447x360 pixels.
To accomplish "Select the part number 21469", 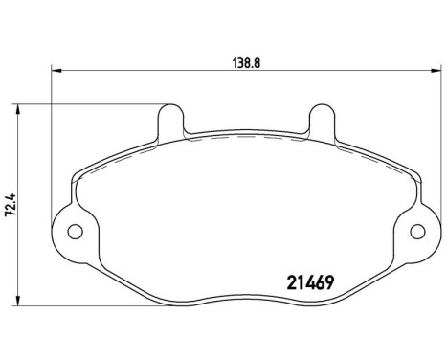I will tap(311, 282).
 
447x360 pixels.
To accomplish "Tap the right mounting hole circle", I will tap(416, 232).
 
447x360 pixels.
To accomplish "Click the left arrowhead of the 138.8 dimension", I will tap(56, 70).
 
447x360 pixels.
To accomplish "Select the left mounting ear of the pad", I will tap(67, 230).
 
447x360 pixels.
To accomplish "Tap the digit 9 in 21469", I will tap(329, 282).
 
